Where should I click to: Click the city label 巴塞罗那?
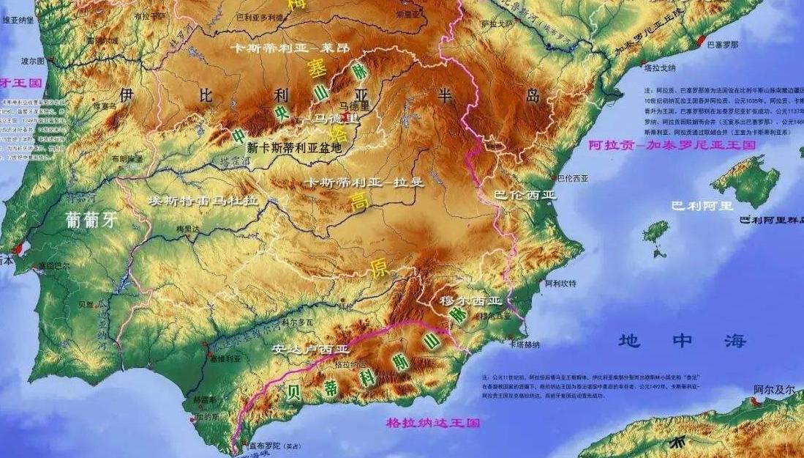click(723, 45)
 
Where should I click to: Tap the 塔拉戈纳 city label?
click(660, 67)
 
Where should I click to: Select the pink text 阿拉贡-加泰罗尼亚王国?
click(672, 145)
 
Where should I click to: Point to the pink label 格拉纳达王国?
click(433, 423)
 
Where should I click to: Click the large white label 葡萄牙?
click(91, 220)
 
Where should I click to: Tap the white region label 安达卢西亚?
click(301, 349)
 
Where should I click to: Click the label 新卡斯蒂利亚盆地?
click(294, 147)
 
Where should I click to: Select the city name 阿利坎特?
click(561, 283)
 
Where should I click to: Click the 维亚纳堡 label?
click(20, 21)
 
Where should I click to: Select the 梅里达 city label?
click(188, 229)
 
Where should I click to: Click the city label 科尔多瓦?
click(293, 321)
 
